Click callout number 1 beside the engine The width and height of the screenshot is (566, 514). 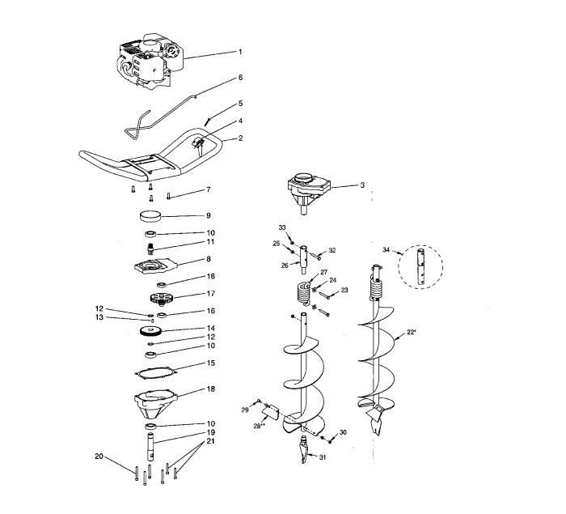(x=239, y=53)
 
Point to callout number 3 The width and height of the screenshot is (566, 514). (x=362, y=185)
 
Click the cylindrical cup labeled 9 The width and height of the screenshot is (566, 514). (x=151, y=216)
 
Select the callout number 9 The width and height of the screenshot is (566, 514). (x=208, y=216)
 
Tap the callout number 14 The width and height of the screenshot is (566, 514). (x=209, y=329)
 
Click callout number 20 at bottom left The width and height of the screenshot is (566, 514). (x=99, y=457)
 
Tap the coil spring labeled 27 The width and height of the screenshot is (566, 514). (x=301, y=291)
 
